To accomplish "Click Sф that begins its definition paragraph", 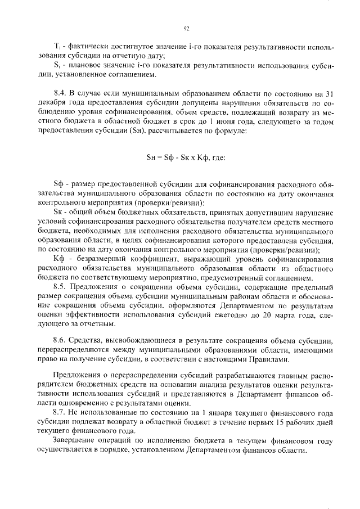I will pyautogui.click(x=57, y=185).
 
